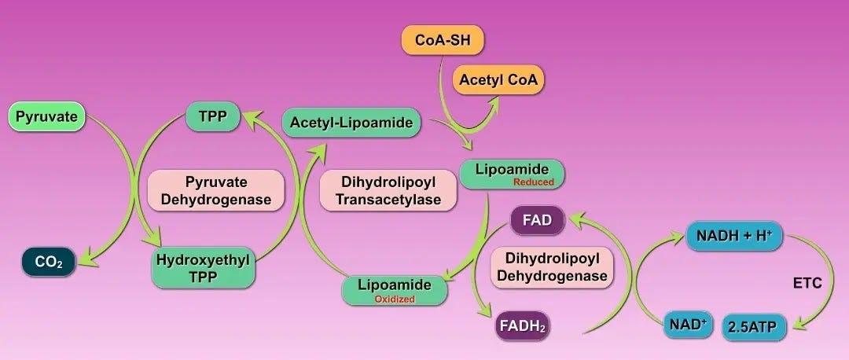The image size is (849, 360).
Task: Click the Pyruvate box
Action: (46, 118)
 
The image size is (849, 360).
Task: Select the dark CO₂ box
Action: (49, 261)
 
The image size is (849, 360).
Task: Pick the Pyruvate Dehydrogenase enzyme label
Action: (215, 191)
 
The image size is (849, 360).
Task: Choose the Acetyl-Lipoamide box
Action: (352, 123)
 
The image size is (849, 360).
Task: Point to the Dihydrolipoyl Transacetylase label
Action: (388, 191)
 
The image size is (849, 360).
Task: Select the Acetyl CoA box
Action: (497, 79)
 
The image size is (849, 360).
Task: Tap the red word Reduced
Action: (534, 182)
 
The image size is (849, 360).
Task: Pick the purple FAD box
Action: (537, 221)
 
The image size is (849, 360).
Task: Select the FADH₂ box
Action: (522, 325)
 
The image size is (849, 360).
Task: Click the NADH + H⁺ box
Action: (734, 234)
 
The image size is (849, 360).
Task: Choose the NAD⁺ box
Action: (685, 324)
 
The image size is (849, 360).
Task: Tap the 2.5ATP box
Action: (755, 325)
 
